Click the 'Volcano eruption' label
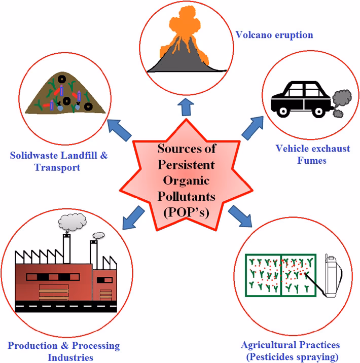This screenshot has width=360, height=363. pyautogui.click(x=274, y=35)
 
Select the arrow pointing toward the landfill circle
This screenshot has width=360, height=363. pyautogui.click(x=120, y=129)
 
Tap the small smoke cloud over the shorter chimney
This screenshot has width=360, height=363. pyautogui.click(x=98, y=235)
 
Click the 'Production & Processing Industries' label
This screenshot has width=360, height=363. pyautogui.click(x=63, y=351)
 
